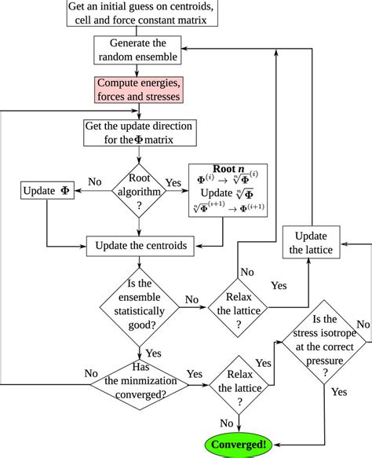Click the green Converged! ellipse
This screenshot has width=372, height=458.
tap(237, 445)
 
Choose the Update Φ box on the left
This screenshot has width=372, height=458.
tap(48, 191)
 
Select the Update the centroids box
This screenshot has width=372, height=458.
tap(141, 246)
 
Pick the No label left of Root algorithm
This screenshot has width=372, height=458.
tap(95, 181)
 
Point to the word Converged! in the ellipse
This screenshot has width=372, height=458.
tap(237, 445)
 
